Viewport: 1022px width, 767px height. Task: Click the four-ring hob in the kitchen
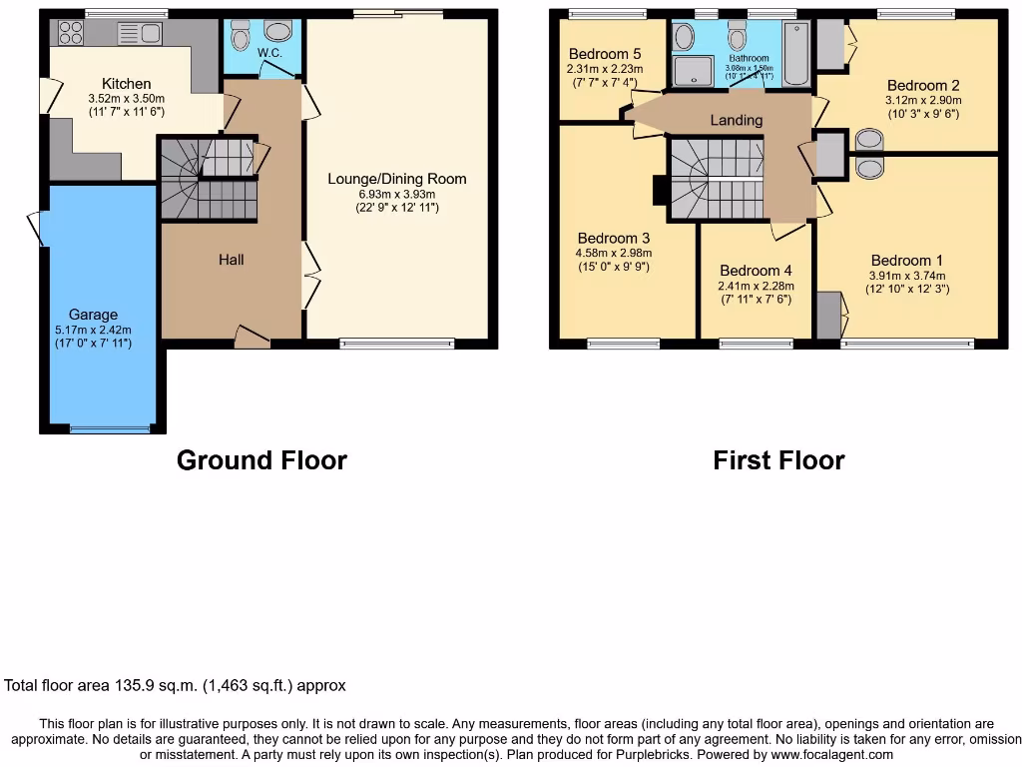click(71, 33)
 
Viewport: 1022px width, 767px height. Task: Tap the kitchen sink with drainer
click(140, 34)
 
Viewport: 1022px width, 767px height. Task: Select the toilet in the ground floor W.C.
click(240, 38)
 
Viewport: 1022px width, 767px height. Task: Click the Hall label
click(232, 260)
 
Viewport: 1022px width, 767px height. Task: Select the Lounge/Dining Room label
click(397, 180)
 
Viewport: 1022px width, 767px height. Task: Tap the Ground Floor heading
click(261, 460)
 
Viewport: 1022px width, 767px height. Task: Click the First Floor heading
click(778, 460)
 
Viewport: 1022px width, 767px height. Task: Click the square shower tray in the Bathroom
click(688, 72)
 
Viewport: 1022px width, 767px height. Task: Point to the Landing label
click(737, 120)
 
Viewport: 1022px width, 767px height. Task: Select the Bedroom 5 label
click(604, 54)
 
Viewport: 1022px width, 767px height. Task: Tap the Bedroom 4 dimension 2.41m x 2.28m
click(756, 286)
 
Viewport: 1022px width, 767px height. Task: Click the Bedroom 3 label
click(614, 239)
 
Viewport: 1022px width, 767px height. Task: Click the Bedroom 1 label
click(906, 262)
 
